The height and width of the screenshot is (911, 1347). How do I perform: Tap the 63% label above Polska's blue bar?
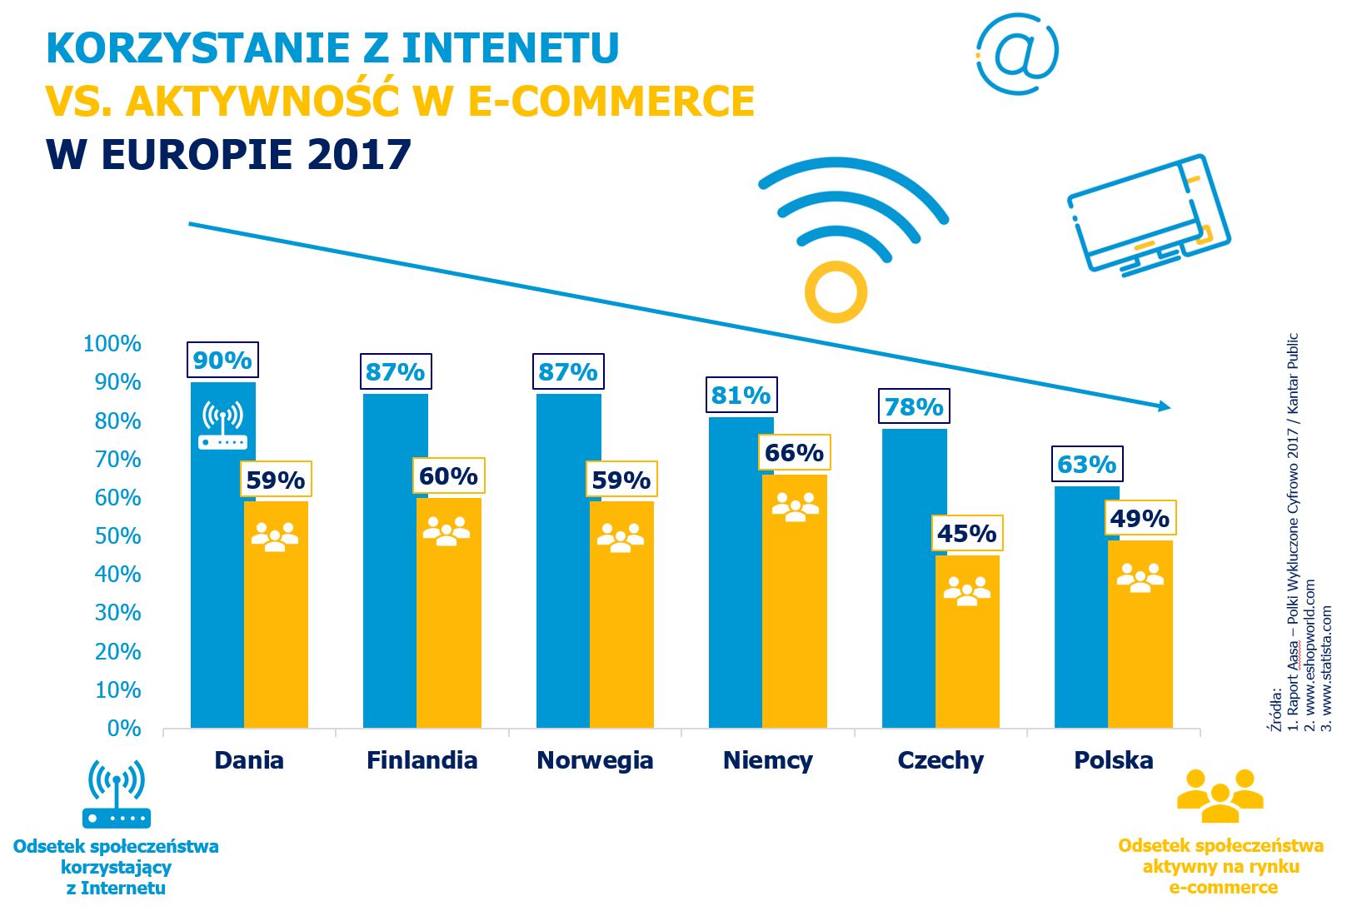click(1086, 465)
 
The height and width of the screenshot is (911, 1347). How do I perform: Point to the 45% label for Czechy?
click(966, 533)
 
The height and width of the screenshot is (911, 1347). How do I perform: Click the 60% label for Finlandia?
click(448, 476)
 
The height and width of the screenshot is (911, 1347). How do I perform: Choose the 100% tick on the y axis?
click(112, 344)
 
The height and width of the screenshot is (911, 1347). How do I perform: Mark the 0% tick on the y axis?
click(123, 729)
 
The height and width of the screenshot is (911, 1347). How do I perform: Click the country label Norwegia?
click(595, 760)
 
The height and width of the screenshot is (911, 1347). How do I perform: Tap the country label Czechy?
click(940, 760)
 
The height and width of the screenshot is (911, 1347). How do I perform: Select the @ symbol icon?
click(1017, 52)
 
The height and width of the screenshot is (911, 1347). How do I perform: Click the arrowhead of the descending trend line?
click(1164, 406)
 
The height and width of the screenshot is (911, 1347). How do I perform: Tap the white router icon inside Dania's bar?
click(222, 426)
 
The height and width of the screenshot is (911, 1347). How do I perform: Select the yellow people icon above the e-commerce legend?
click(1220, 795)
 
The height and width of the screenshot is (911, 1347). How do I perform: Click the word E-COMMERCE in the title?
click(611, 102)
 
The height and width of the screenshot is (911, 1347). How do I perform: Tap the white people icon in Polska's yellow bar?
click(1140, 577)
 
